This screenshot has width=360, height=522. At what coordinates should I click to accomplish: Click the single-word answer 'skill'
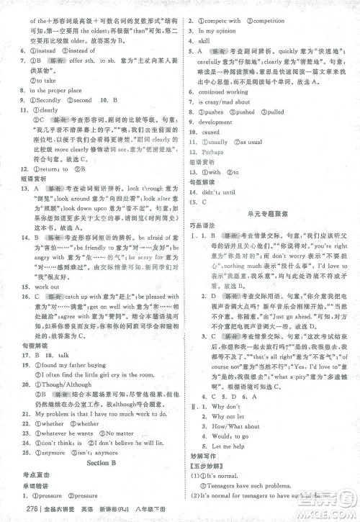205,42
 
